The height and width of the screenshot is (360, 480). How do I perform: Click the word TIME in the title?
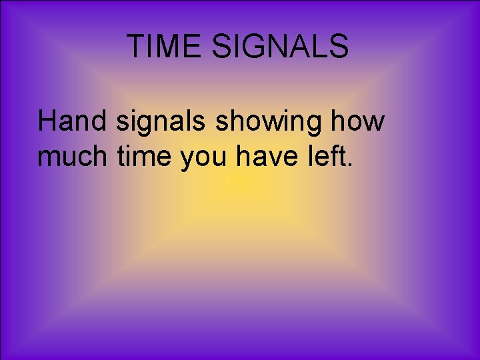(x=164, y=47)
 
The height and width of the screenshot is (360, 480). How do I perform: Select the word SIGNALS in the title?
(x=281, y=47)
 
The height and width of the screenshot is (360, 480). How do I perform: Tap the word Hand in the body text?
(x=73, y=122)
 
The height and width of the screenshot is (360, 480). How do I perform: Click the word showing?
(x=256, y=123)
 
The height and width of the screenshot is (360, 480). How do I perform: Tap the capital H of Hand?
(x=48, y=122)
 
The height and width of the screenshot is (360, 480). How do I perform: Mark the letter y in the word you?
(x=189, y=160)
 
